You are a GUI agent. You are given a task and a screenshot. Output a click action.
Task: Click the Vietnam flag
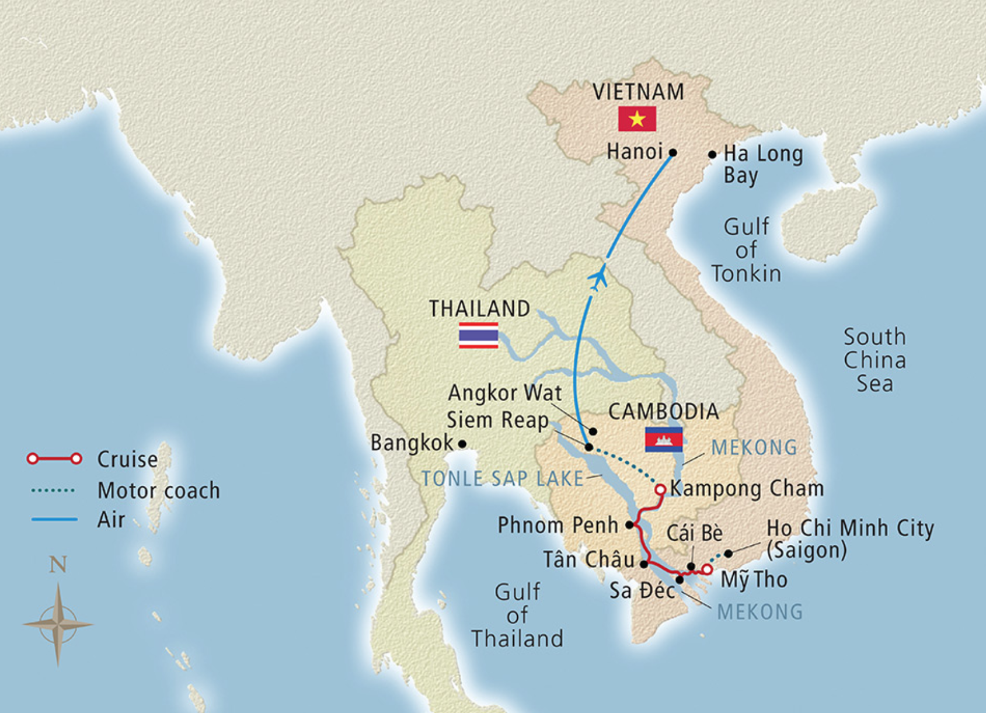(637, 119)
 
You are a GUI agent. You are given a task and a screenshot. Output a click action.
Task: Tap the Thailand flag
(478, 335)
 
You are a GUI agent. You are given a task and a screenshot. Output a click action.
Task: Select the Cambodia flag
(663, 439)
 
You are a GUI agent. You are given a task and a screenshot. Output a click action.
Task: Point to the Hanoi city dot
(673, 152)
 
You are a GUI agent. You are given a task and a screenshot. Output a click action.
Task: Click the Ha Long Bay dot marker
(712, 155)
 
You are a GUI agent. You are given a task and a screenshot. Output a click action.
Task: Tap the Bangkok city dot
(462, 444)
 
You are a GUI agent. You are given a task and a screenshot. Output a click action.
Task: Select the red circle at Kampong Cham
(660, 489)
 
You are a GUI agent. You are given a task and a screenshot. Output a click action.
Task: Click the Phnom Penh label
(558, 525)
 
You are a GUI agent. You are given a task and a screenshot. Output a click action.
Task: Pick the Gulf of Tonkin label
(746, 250)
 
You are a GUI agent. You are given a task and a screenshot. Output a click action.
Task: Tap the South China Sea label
(874, 360)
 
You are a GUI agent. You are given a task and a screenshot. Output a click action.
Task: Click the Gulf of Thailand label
(517, 615)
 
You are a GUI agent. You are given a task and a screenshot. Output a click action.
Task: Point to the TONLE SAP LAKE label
(502, 479)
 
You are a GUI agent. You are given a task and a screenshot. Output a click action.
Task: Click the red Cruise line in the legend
(54, 458)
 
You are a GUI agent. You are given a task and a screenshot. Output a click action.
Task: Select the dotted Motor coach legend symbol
(53, 490)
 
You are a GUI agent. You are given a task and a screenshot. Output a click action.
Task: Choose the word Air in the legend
(111, 519)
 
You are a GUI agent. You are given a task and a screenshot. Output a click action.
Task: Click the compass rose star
(58, 624)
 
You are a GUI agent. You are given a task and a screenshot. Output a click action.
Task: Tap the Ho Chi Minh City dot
(728, 554)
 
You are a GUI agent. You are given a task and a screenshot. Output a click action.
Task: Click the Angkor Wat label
(504, 393)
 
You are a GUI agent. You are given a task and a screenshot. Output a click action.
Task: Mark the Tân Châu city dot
(644, 564)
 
